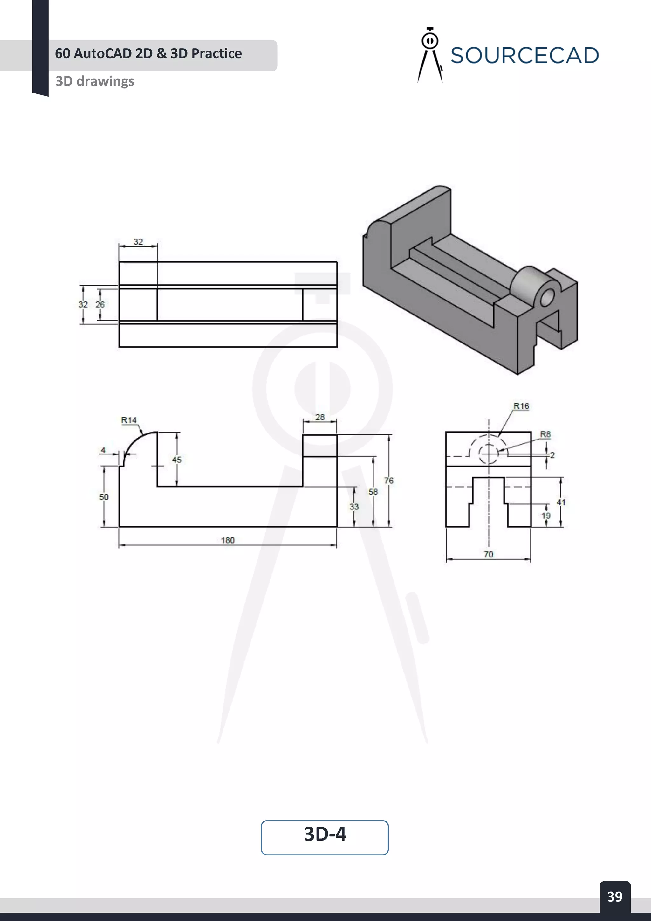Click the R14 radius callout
coord(129,420)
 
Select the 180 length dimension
coord(227,540)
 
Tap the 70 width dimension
coord(488,554)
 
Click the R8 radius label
coord(545,434)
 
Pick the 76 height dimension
coord(388,480)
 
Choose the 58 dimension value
coord(373,491)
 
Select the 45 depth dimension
coord(176,459)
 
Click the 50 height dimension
coord(104,497)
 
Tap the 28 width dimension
coord(319,417)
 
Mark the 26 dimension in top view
coord(100,304)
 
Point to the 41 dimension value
coord(561,502)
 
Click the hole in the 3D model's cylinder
coord(546,298)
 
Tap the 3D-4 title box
coord(325,838)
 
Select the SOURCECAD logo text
coord(524,55)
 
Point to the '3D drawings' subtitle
coord(95,81)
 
